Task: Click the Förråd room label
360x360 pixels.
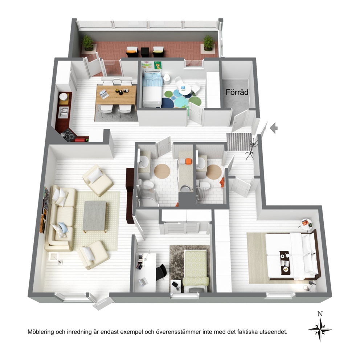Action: click(237, 92)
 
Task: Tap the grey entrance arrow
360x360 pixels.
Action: click(274, 128)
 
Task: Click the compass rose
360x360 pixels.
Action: click(320, 330)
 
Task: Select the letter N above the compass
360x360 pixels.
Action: click(320, 314)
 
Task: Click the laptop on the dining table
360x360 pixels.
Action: click(104, 94)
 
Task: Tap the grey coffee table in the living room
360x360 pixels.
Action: click(95, 216)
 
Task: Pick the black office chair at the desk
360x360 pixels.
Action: click(161, 272)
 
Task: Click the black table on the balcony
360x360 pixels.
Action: click(145, 52)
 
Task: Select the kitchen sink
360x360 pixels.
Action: click(63, 112)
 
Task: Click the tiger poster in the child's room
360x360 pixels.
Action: click(158, 65)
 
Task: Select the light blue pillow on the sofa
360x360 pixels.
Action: click(62, 227)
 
